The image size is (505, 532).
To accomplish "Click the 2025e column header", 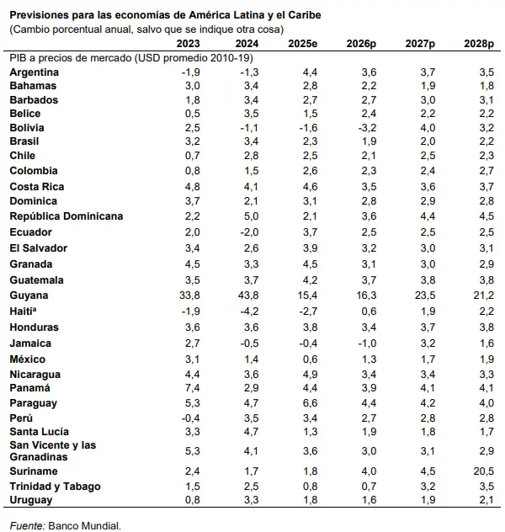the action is click(302, 44).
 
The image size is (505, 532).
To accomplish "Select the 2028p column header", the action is click(479, 44).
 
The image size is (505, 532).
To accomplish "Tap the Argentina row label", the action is click(35, 72).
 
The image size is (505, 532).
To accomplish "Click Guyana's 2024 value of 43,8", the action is click(248, 295).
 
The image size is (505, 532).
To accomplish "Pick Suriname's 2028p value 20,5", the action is click(484, 471).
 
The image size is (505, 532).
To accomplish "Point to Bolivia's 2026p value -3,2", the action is click(367, 128).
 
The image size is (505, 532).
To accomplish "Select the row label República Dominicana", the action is click(66, 216).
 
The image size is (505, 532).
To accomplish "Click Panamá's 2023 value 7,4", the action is click(193, 388).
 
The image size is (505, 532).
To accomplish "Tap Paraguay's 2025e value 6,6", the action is click(311, 403).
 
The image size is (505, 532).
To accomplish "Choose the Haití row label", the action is click(23, 311).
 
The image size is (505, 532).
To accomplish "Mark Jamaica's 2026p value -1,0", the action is click(367, 343).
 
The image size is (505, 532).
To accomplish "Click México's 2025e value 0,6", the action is click(311, 359).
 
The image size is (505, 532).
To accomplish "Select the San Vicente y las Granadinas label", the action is click(53, 451).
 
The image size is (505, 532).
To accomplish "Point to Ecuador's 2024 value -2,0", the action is click(250, 232).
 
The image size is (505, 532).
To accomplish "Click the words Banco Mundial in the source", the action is click(84, 525).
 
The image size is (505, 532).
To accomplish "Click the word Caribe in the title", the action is click(305, 15).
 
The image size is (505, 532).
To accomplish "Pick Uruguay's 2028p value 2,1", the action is click(487, 500).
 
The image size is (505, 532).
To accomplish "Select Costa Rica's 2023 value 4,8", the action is click(193, 187).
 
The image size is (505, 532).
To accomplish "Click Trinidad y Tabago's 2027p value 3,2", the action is click(428, 487).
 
